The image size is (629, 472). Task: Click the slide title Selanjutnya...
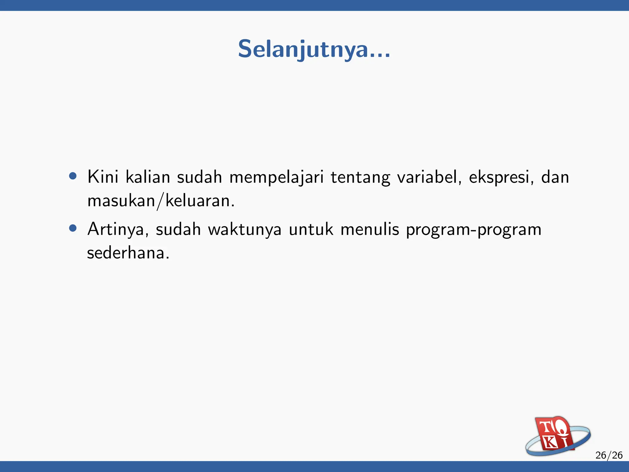point(314,49)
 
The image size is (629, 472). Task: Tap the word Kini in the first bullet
point(103,177)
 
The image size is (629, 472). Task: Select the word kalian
point(148,177)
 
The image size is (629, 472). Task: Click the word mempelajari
point(276,178)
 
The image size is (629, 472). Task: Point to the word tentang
point(360,178)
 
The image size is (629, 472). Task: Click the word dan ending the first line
point(555,177)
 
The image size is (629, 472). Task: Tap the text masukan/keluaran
point(161,201)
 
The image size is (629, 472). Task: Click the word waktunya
point(245,230)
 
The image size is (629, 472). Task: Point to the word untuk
point(311,229)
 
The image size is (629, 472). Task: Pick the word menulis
point(370,229)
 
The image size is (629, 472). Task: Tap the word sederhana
point(128,253)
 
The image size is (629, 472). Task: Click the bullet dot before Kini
point(73,176)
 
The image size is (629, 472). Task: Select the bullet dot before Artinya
point(73,228)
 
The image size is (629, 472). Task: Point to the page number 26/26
point(609,455)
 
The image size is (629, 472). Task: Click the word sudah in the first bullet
point(199,177)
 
